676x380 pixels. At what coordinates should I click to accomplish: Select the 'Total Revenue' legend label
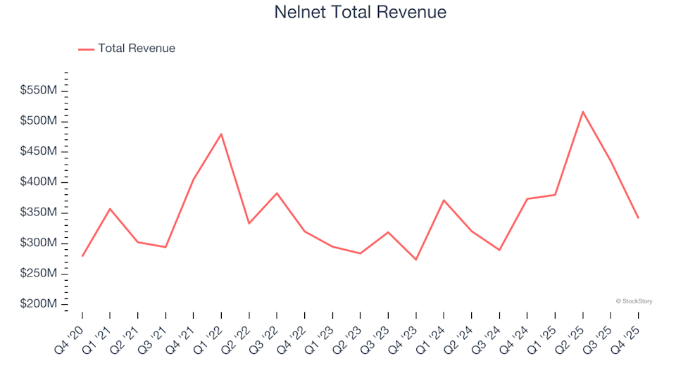point(137,49)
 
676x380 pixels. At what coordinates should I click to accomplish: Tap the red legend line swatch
point(86,49)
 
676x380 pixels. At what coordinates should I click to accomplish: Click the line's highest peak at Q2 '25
point(583,111)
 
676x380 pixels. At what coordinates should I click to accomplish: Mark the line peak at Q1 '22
point(221,134)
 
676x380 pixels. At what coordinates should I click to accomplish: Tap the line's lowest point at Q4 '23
point(415,260)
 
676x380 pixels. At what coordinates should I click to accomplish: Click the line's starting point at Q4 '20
point(82,256)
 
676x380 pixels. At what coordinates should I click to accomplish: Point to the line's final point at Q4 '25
point(639,218)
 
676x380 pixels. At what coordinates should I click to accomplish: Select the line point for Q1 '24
point(444,200)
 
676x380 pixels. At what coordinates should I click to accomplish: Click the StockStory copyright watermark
point(634,301)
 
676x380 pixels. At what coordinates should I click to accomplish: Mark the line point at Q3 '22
point(277,193)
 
